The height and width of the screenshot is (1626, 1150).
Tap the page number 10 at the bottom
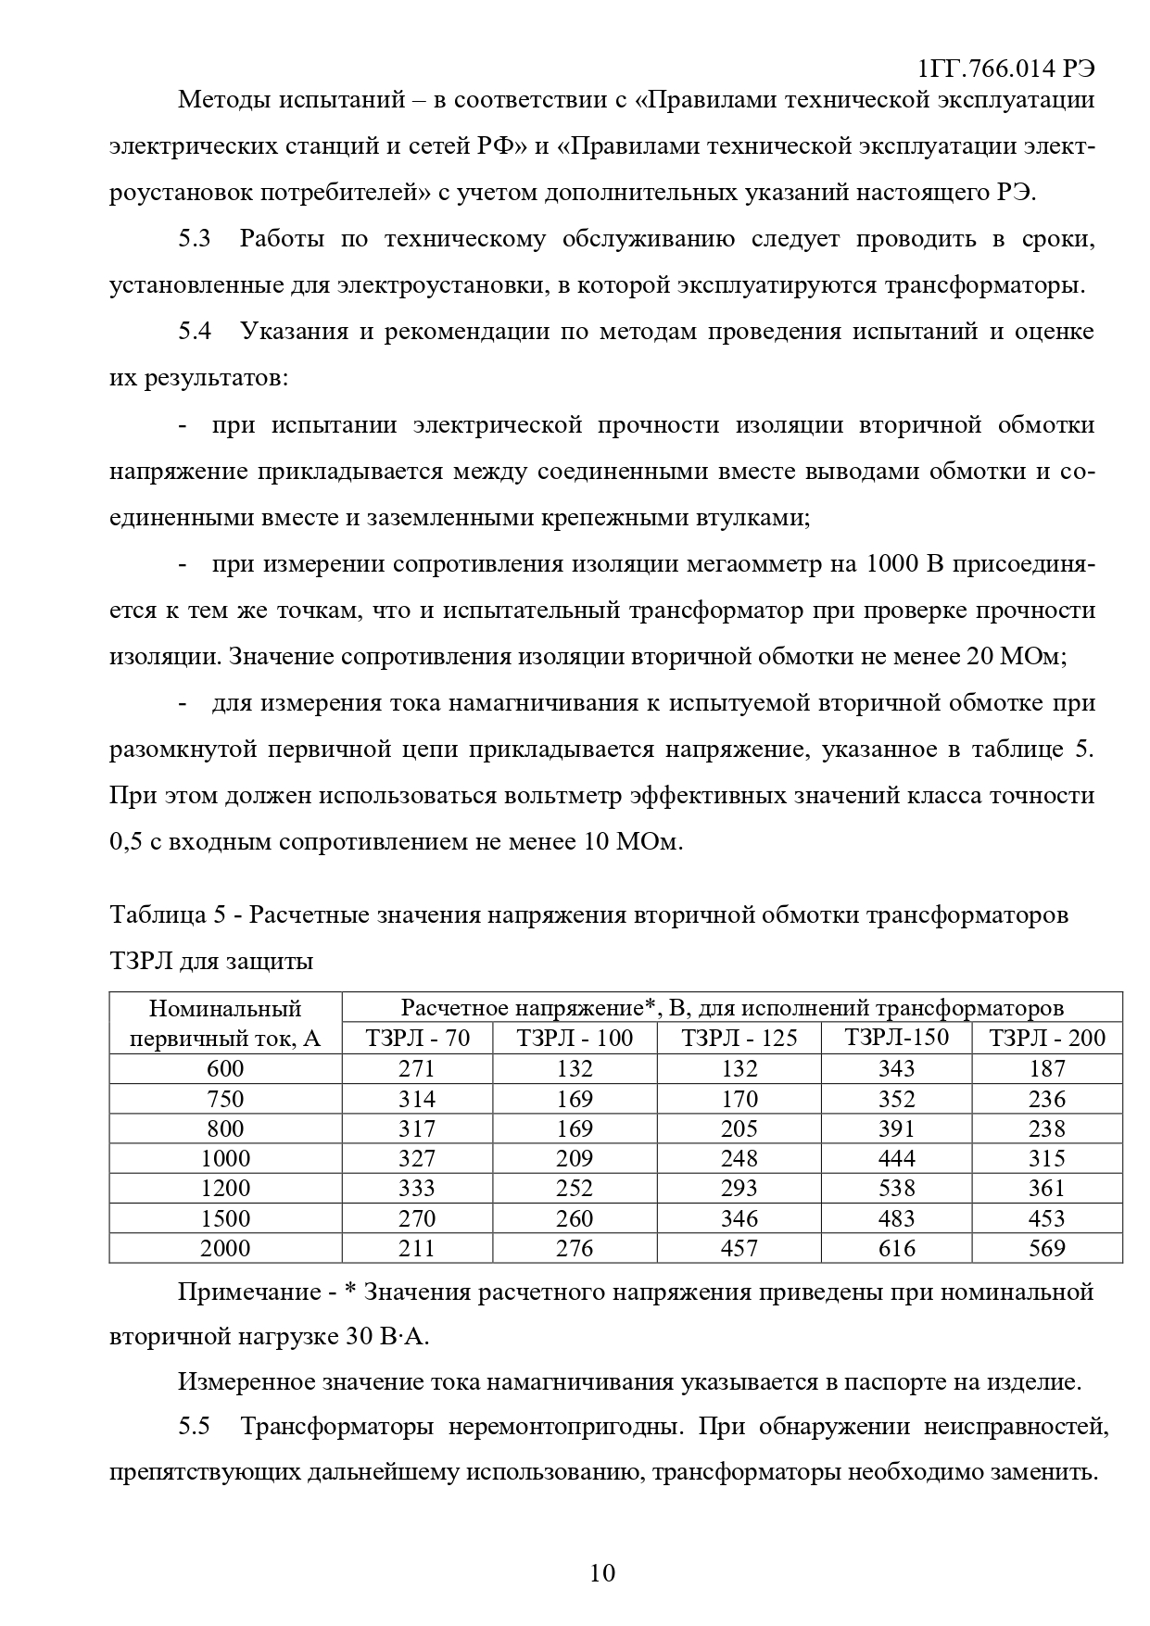(x=601, y=1572)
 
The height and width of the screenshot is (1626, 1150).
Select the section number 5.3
(x=195, y=239)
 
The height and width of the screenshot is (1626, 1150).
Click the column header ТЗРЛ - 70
(x=417, y=1038)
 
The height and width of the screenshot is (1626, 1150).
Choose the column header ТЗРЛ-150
(x=896, y=1038)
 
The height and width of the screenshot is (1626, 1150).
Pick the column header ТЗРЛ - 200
(x=1047, y=1038)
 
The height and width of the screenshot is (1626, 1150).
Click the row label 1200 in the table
(x=225, y=1189)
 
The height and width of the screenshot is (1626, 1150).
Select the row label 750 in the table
(x=225, y=1099)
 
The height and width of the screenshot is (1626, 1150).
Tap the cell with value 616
(x=896, y=1248)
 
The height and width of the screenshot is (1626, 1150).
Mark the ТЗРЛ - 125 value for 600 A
(x=739, y=1069)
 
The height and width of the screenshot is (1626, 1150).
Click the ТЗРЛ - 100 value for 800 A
(x=575, y=1128)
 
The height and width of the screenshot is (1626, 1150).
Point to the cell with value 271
(x=417, y=1069)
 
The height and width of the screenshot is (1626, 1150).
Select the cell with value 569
(x=1047, y=1248)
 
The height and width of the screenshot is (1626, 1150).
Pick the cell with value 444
(x=896, y=1158)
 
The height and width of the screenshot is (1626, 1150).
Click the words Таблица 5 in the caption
(x=168, y=915)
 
